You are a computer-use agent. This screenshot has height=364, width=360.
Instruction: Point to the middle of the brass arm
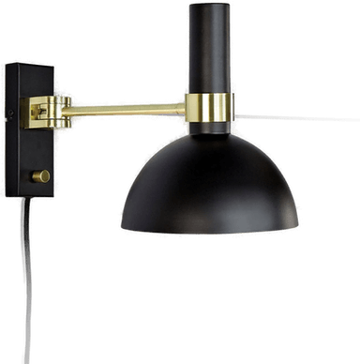131,110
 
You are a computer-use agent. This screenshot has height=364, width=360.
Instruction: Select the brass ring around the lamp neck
208,108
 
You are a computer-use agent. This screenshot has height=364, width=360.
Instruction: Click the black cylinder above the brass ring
209,52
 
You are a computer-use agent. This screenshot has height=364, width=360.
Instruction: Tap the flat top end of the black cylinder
209,6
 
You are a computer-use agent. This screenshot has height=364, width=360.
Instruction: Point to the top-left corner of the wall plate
5,63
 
